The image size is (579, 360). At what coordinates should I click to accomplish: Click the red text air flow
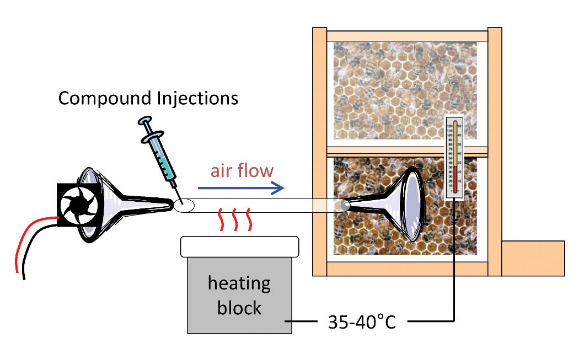(x=242, y=170)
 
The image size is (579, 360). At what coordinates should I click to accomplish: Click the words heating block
(x=239, y=295)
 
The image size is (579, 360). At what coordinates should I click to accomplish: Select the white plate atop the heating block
(x=240, y=246)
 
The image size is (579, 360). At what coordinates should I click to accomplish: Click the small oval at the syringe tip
(x=184, y=206)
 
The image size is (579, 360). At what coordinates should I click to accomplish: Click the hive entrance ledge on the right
(x=533, y=258)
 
